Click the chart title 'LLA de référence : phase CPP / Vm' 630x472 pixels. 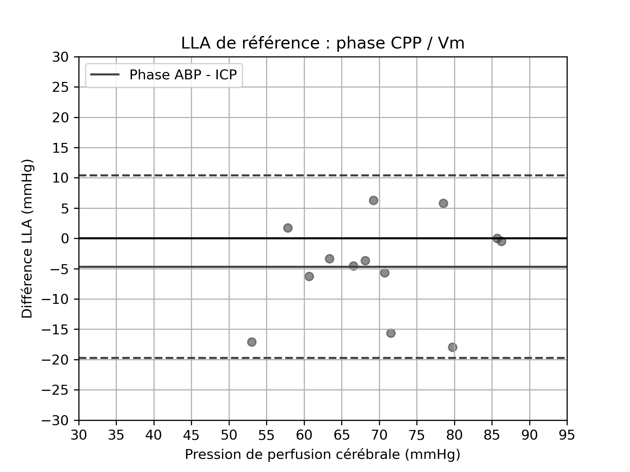(323, 44)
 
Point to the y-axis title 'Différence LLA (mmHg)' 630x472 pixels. (27, 239)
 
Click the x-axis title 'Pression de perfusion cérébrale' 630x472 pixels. (323, 454)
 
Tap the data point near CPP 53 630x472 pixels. (252, 342)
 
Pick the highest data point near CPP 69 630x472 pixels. (373, 200)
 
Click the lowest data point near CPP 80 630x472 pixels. (452, 347)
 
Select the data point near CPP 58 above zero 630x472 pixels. (288, 228)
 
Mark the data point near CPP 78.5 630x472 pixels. (443, 203)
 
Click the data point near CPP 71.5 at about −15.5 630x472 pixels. (391, 333)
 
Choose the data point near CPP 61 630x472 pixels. (309, 276)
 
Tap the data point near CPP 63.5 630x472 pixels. (329, 259)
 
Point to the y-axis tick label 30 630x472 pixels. (60, 57)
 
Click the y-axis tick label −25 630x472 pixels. (55, 390)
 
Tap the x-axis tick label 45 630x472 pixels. (191, 435)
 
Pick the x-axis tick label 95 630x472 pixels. (567, 435)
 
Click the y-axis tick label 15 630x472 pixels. (60, 148)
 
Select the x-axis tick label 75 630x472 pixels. (417, 435)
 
